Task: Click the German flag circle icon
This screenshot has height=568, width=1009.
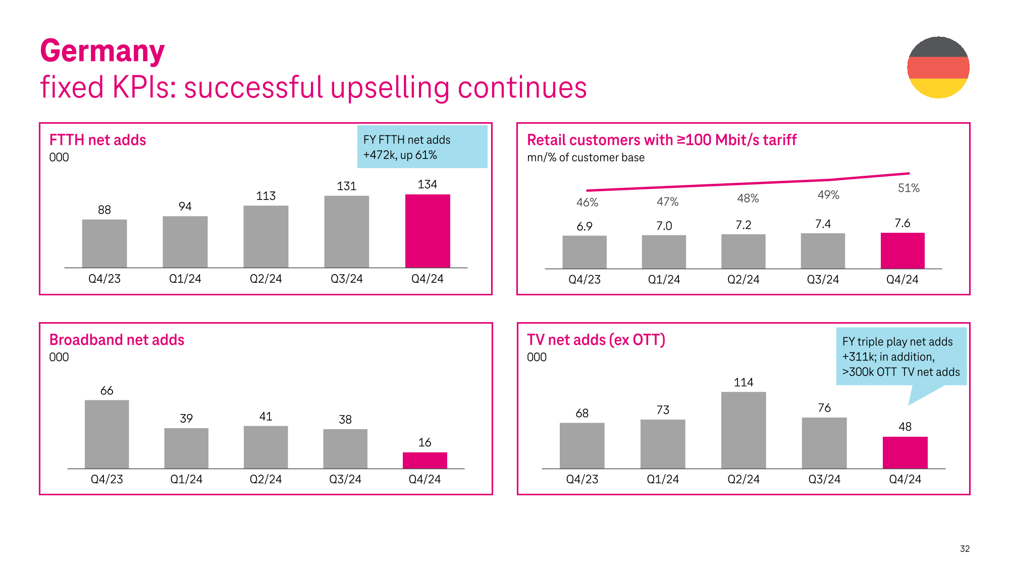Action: [938, 67]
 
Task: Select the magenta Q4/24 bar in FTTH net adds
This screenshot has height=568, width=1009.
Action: [428, 231]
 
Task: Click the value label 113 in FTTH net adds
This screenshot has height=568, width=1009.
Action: [265, 196]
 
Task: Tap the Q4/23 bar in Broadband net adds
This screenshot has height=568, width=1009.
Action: [107, 434]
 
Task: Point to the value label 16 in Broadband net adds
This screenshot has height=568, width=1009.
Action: [424, 443]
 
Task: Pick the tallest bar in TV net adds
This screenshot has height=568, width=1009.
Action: [743, 430]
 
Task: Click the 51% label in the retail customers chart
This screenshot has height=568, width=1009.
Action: [909, 188]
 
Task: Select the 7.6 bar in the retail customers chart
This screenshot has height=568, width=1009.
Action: [902, 250]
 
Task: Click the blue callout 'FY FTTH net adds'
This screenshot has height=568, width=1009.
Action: [422, 147]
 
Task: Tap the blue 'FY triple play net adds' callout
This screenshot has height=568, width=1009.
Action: [901, 357]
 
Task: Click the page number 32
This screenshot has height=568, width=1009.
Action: [965, 549]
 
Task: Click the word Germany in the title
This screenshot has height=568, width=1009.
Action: [102, 51]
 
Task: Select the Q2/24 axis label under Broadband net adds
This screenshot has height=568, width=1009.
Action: [265, 479]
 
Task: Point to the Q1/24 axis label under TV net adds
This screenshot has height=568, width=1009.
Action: [663, 479]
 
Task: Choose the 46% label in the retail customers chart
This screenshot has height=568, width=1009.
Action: [587, 202]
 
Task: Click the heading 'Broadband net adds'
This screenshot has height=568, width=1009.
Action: [117, 340]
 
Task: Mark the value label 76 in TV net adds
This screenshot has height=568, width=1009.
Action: [824, 408]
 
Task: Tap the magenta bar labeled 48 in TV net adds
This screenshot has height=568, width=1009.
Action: [905, 452]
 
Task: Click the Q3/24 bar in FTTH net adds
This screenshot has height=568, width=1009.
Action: [346, 232]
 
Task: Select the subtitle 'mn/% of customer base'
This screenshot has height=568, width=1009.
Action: [586, 158]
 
